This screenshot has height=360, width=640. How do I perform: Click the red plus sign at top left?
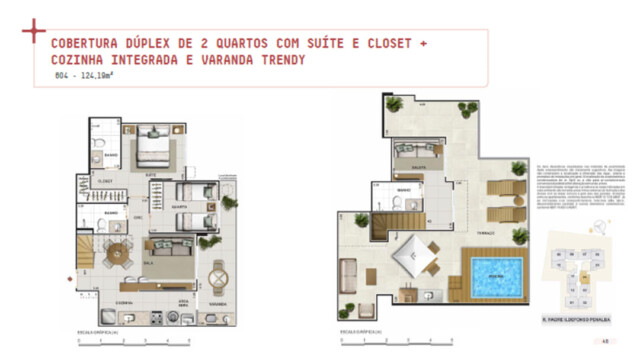[x=33, y=31]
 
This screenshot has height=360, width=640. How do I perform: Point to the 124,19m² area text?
[x=102, y=76]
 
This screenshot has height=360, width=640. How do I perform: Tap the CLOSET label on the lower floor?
[x=104, y=181]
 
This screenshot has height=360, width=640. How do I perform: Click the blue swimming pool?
[x=491, y=270]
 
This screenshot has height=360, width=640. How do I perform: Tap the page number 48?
[x=606, y=341]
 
